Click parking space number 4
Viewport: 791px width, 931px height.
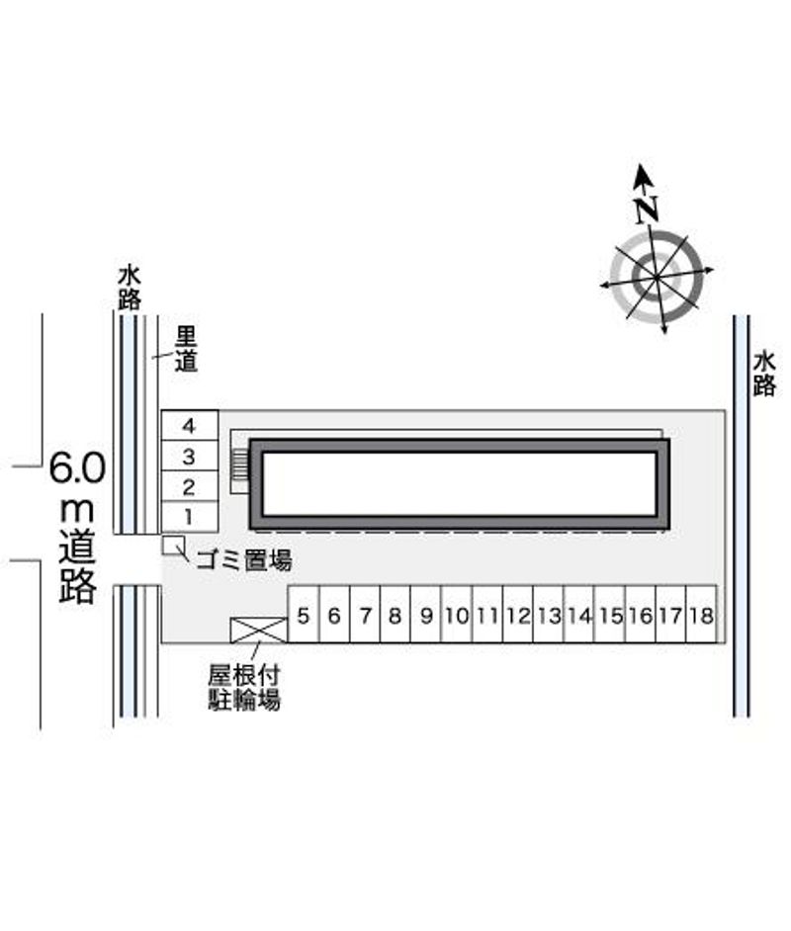[x=190, y=425]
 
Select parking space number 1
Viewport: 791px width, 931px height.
[x=190, y=517]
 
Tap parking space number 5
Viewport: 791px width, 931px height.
[x=304, y=615]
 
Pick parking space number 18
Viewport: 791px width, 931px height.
[x=701, y=615]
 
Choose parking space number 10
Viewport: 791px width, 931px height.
[x=457, y=615]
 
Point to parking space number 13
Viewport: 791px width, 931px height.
[x=549, y=615]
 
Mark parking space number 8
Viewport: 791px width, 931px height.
[x=395, y=615]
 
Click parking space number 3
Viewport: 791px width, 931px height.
[x=190, y=456]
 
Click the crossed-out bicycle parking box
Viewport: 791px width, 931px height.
[x=259, y=631]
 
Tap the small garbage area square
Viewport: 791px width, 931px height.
[x=173, y=546]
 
